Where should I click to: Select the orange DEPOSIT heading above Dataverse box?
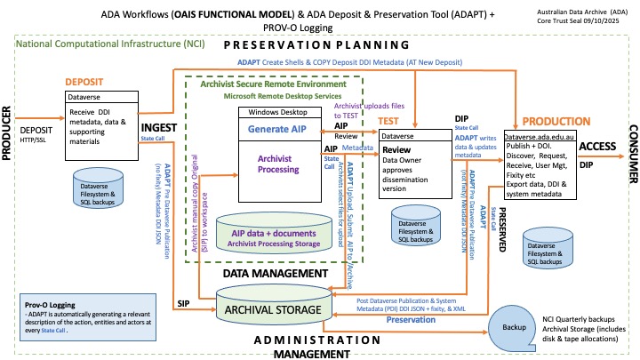pos(92,82)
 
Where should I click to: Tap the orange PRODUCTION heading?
pos(557,121)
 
